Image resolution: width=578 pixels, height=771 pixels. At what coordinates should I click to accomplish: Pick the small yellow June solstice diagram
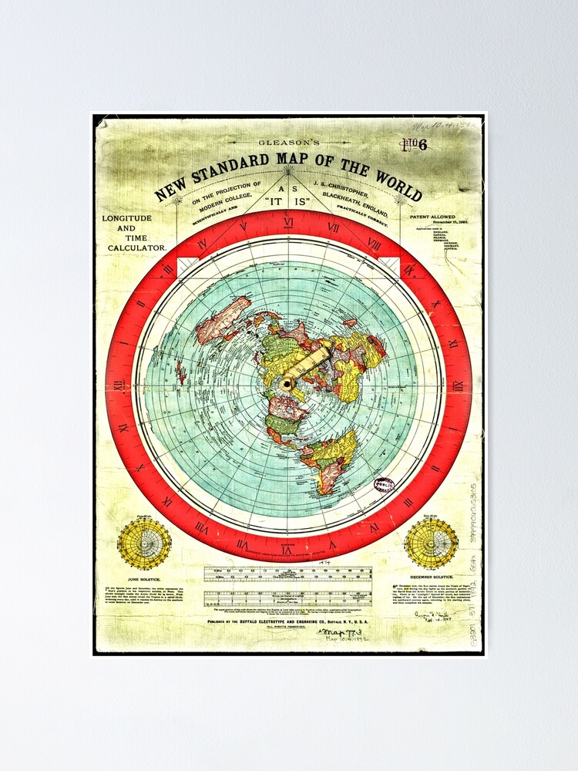tap(144, 544)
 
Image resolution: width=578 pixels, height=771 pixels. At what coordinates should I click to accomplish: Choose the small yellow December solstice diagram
tap(431, 544)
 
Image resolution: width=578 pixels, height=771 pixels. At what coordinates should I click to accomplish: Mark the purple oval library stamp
tap(384, 485)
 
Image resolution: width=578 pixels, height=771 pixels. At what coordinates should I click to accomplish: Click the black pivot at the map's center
tap(287, 383)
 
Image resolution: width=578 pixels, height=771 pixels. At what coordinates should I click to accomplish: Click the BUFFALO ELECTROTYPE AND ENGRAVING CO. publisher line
tap(287, 620)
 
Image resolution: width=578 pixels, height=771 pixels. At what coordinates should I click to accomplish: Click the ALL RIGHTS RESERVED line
tap(287, 628)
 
